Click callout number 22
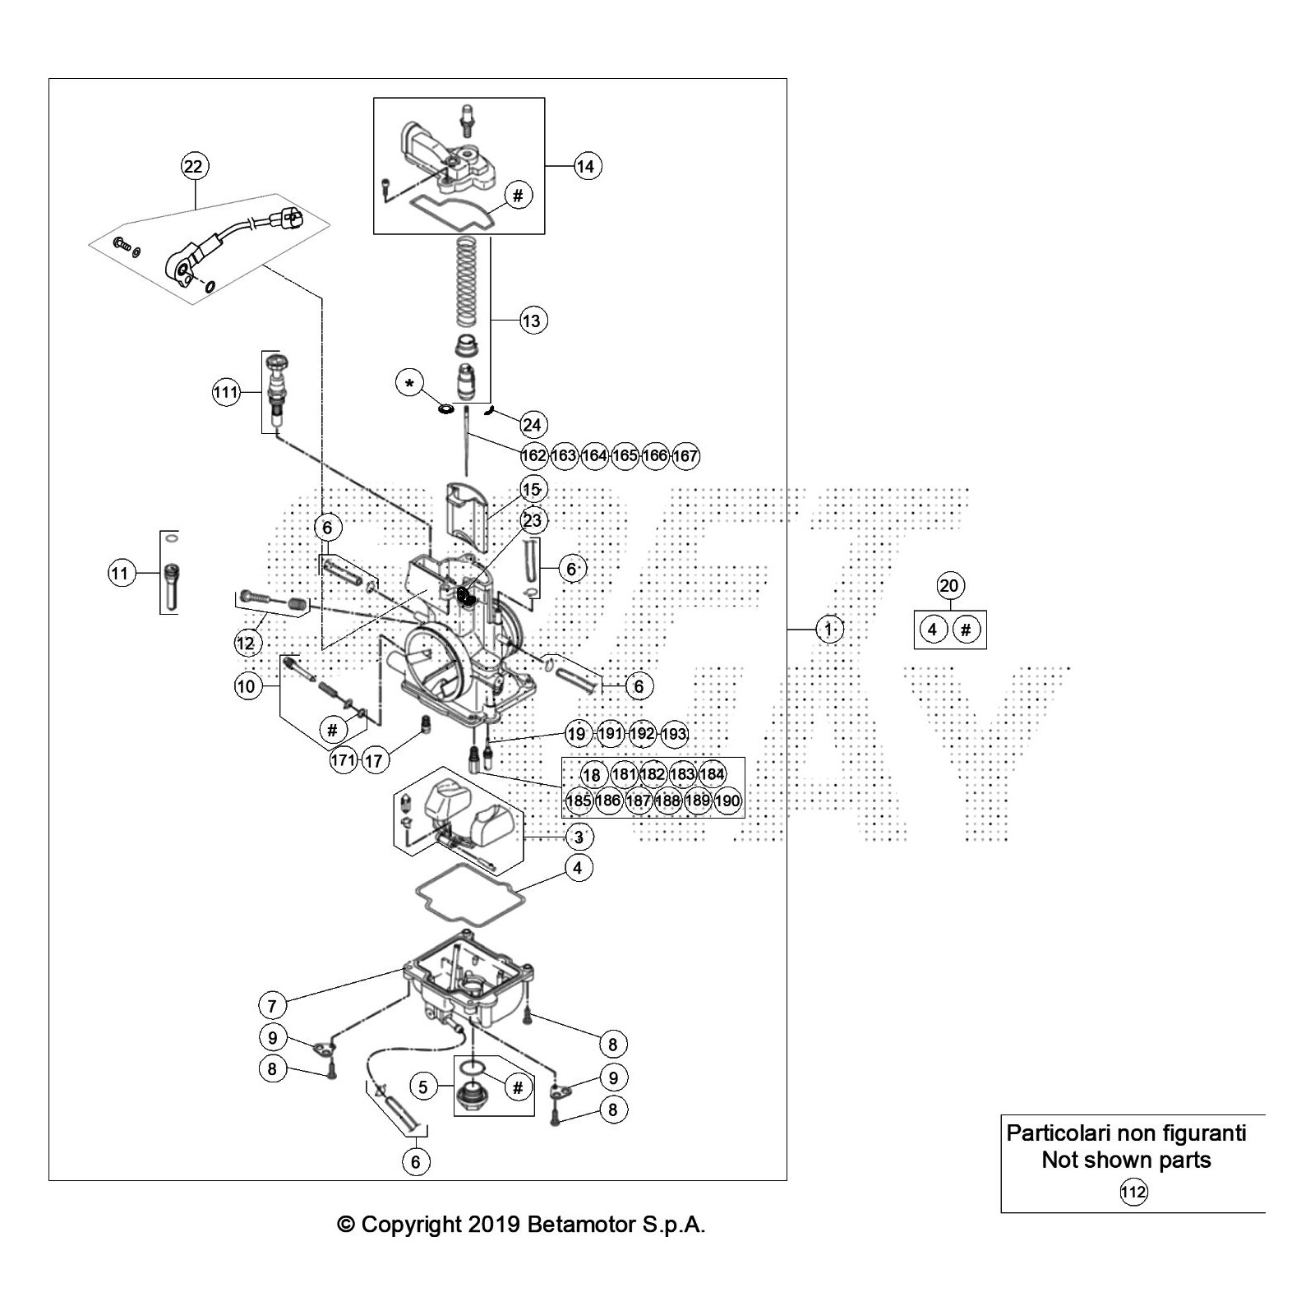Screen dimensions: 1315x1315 [x=193, y=166]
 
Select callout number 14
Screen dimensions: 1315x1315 [x=585, y=166]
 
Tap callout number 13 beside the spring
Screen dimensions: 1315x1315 [x=532, y=321]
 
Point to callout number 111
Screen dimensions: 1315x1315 [x=225, y=392]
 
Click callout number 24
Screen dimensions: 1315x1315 [x=532, y=424]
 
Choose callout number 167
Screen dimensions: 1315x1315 [x=685, y=455]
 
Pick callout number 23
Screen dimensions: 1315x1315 [x=533, y=520]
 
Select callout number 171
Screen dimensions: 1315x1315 [x=343, y=760]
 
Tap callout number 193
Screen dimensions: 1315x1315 [x=674, y=734]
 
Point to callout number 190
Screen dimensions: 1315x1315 [x=727, y=801]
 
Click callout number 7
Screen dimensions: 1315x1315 [x=272, y=1004]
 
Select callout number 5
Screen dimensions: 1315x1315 [x=423, y=1087]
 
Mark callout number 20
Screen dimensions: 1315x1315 [x=949, y=586]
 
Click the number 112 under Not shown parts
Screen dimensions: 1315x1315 [x=1133, y=1192]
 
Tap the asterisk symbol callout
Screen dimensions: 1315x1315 [x=410, y=383]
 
